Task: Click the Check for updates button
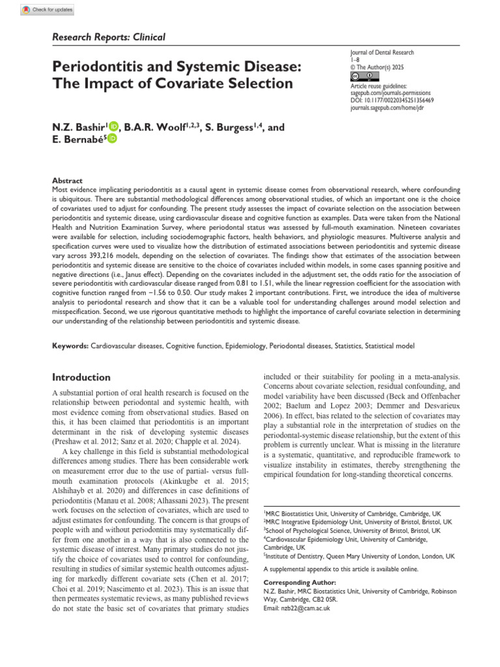click(x=48, y=10)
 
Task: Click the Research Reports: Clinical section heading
click(x=109, y=37)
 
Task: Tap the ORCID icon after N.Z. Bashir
click(x=115, y=127)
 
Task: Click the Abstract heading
click(x=67, y=180)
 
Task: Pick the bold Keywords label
click(x=70, y=345)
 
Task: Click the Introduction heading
click(x=81, y=377)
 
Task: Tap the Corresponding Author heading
click(x=299, y=582)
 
